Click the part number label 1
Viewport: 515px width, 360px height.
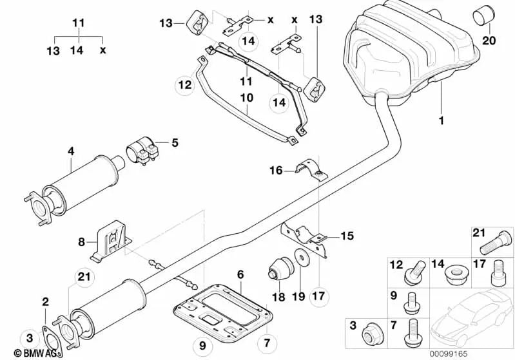(x=442, y=120)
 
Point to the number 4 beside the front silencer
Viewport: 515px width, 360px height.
(x=71, y=151)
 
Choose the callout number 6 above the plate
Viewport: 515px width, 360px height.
(x=240, y=274)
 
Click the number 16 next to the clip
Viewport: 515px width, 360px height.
(x=276, y=170)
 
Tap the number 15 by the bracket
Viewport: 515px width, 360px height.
(x=347, y=236)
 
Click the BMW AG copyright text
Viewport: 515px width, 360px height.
(x=25, y=352)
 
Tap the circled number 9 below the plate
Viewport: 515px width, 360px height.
(x=202, y=346)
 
